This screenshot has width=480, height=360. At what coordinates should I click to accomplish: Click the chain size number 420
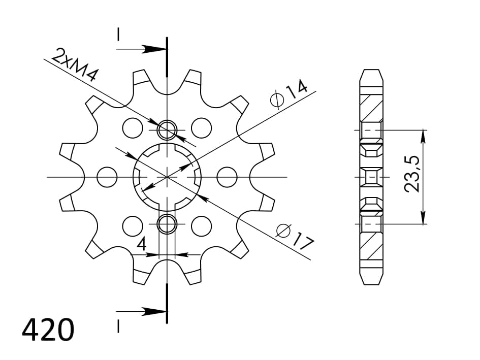tap(48, 330)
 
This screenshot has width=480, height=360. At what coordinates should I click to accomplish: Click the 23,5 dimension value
tap(412, 174)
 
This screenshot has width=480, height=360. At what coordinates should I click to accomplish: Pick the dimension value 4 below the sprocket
tap(142, 244)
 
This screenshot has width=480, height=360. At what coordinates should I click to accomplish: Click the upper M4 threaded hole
tap(167, 130)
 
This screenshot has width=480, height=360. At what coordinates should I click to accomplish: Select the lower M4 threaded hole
tap(167, 223)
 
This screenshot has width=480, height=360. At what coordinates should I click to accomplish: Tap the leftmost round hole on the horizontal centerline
tap(107, 177)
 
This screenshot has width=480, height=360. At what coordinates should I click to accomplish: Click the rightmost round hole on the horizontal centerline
tap(227, 177)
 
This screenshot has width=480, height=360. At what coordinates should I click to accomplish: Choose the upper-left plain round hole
tap(133, 127)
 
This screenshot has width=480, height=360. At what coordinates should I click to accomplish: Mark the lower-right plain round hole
tap(201, 224)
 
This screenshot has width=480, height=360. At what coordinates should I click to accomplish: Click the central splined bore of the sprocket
tap(167, 177)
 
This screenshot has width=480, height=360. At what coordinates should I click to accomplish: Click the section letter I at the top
tap(118, 35)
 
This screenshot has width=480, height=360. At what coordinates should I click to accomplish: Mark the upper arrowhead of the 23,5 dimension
tap(423, 135)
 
